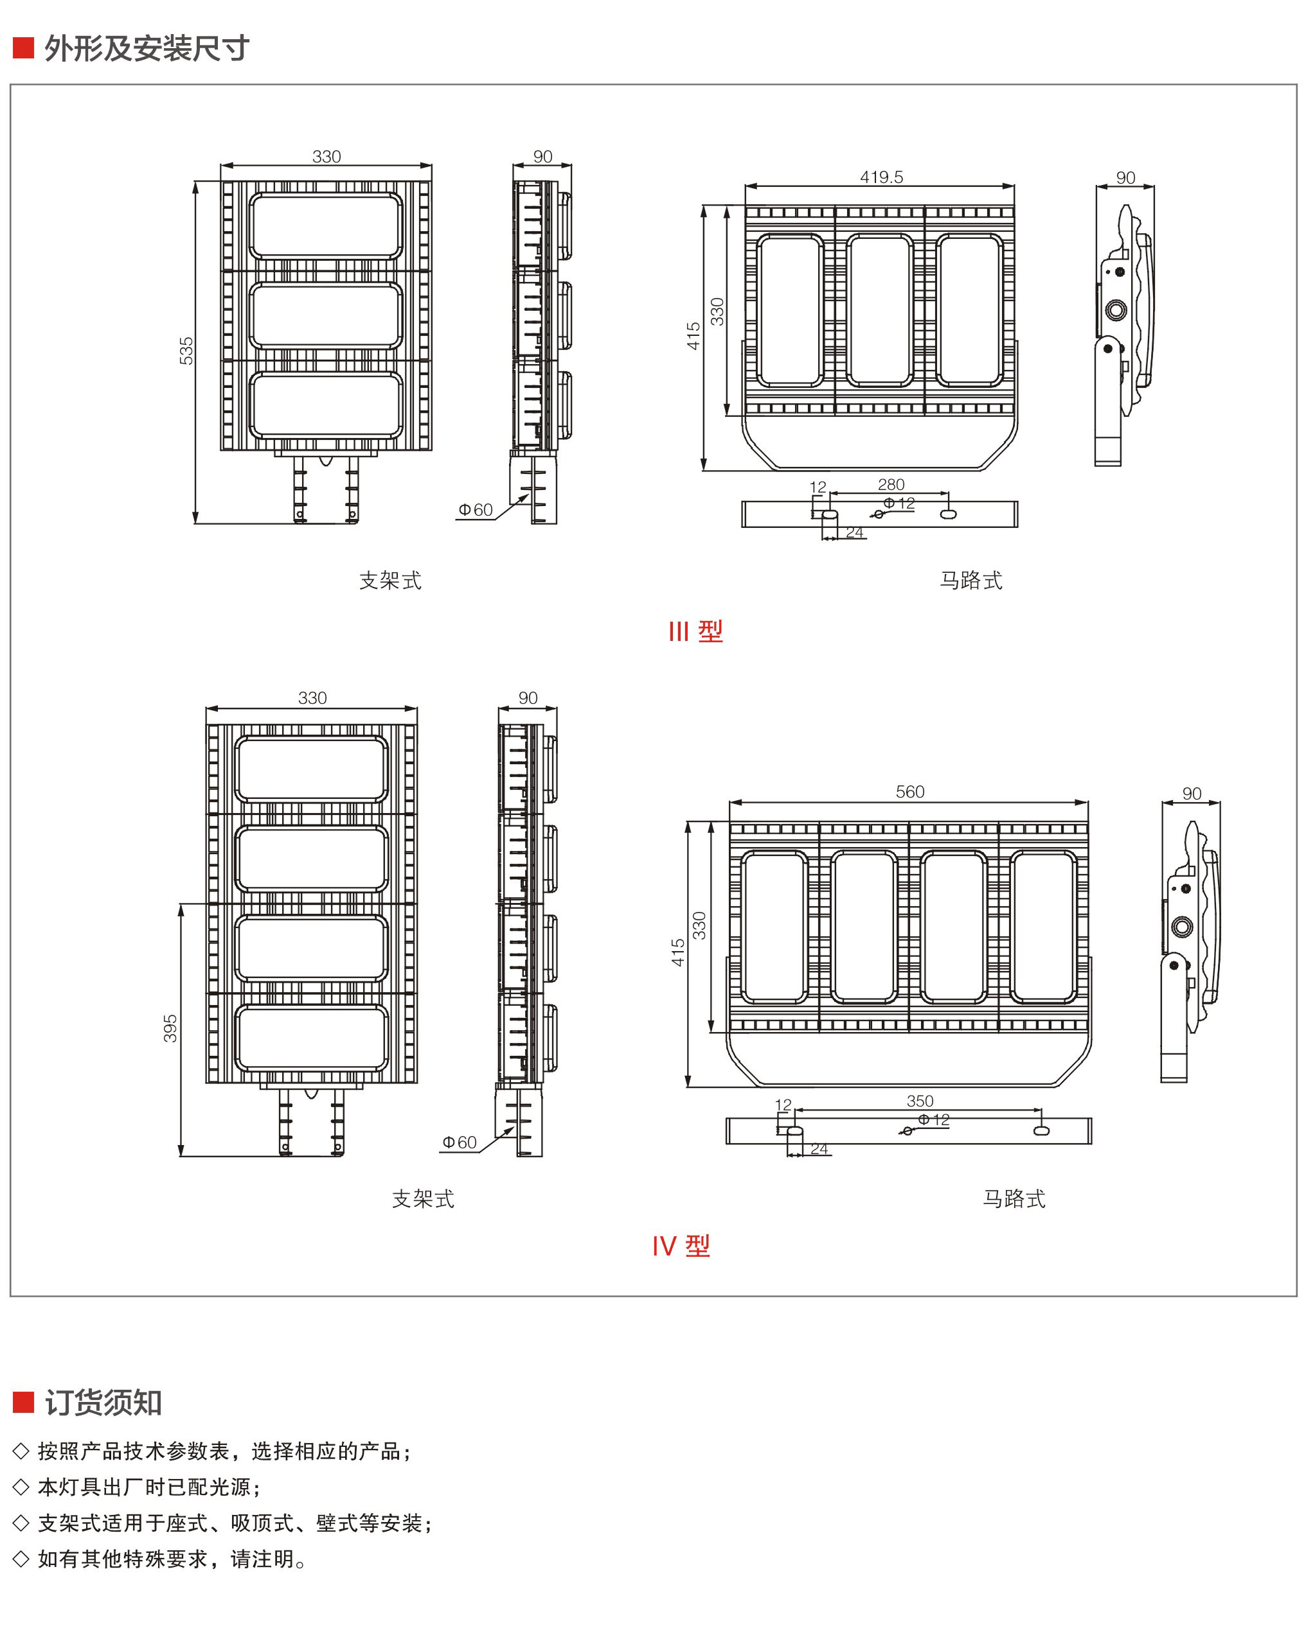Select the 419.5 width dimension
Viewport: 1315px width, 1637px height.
[881, 177]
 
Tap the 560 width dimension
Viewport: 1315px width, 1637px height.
[909, 792]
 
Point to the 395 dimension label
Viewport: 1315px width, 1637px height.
[170, 1028]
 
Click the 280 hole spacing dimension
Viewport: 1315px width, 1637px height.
[891, 484]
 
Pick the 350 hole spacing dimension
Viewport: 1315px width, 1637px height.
[919, 1101]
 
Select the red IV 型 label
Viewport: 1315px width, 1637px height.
[681, 1246]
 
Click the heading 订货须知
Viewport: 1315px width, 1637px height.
[103, 1403]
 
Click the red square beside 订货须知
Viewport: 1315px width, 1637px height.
[24, 1403]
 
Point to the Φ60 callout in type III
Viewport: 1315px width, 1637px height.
[476, 510]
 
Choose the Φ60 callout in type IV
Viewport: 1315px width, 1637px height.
[460, 1142]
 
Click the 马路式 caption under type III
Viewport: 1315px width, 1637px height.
[971, 581]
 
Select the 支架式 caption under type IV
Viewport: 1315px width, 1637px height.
[423, 1199]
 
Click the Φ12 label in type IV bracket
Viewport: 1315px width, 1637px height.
[934, 1120]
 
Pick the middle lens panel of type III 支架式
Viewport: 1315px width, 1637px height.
[326, 316]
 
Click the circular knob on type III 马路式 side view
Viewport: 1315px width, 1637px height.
[1115, 310]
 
